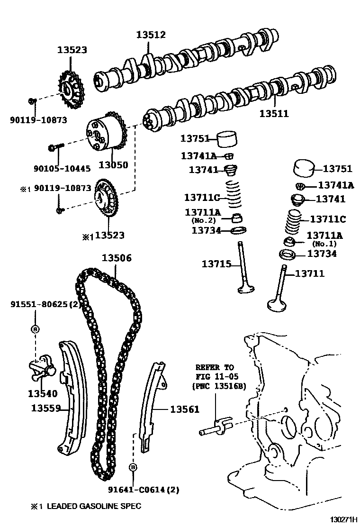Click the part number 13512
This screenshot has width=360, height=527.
pos(151,35)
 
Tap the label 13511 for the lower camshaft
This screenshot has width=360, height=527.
pos(274,114)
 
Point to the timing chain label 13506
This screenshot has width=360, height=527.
pos(117,258)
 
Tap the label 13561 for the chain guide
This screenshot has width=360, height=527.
pos(185,409)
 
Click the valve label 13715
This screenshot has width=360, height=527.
pos(216,264)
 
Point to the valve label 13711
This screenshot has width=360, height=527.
pos(310,273)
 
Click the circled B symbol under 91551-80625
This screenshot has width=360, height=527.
pos(36,329)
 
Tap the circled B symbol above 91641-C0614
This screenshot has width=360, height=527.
pos(133,467)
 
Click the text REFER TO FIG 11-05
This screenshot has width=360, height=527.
pos(215,372)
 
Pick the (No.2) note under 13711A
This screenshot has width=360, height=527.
pos(204,221)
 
